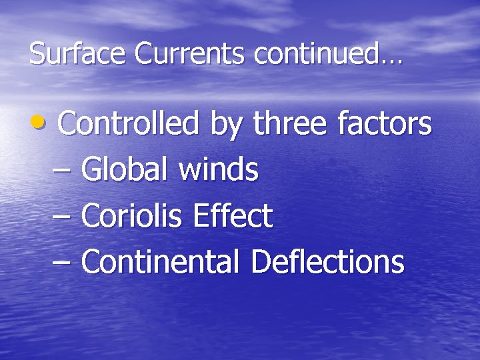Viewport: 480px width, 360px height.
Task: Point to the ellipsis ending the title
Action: point(392,61)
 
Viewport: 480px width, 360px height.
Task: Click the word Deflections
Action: point(327,261)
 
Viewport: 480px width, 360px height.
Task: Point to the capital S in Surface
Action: point(36,54)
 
